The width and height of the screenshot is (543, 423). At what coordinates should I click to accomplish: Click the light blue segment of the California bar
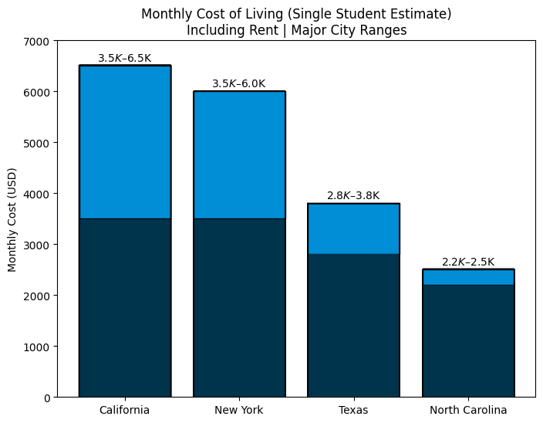click(x=125, y=142)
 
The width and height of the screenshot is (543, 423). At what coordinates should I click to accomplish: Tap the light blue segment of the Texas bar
click(x=353, y=228)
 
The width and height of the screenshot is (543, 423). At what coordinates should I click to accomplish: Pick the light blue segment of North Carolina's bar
click(x=468, y=277)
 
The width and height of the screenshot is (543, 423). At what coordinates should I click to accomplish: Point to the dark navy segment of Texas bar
click(x=353, y=325)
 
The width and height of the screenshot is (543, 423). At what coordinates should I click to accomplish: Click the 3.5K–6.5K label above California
click(x=125, y=59)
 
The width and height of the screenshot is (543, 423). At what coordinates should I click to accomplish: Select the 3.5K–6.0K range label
click(x=239, y=84)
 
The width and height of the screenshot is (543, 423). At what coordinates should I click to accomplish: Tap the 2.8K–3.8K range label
click(x=353, y=196)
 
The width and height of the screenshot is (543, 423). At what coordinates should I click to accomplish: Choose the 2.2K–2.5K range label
click(x=468, y=262)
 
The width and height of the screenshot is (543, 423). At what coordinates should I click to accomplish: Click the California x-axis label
click(x=125, y=410)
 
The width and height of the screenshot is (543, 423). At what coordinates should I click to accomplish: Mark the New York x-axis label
click(x=239, y=410)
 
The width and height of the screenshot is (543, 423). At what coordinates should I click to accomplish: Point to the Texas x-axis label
click(x=353, y=410)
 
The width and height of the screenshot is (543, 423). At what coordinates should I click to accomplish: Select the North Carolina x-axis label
click(x=468, y=410)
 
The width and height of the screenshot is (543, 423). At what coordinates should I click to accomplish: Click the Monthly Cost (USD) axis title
click(x=12, y=219)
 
